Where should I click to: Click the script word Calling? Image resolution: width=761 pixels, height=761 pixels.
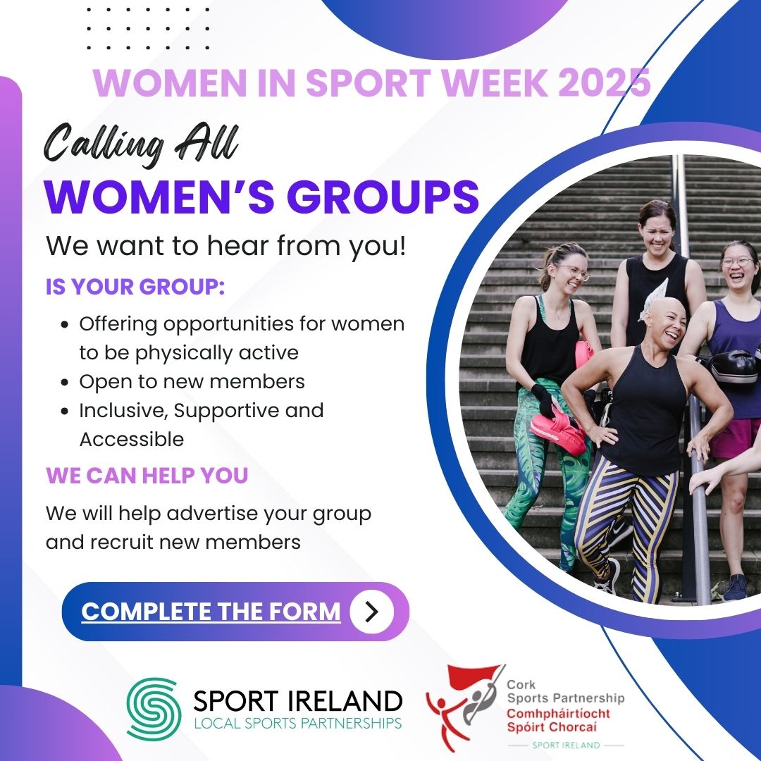point(103,144)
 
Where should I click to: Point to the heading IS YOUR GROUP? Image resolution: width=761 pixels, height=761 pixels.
point(135,286)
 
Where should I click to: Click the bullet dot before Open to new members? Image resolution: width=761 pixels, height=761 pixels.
point(66,383)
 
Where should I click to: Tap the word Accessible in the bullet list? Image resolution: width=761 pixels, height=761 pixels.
point(132,439)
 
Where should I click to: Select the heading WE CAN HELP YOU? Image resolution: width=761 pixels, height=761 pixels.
point(147,475)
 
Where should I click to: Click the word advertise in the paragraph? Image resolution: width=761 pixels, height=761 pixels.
point(212,513)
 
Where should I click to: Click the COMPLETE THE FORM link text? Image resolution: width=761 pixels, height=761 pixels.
point(211,612)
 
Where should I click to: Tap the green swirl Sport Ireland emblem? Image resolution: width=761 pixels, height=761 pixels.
point(154,709)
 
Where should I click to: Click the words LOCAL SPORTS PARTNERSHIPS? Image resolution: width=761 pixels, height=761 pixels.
point(297,723)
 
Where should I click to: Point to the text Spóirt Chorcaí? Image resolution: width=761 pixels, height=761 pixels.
point(551,727)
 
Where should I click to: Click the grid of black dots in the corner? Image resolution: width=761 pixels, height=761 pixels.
point(148,29)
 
